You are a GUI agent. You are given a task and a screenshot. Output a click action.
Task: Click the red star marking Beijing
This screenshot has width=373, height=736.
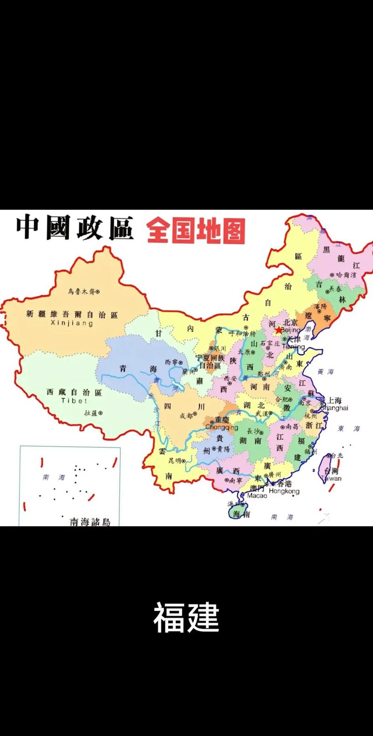pos(279,330)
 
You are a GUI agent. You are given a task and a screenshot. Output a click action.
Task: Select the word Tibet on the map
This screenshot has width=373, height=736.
pos(74,401)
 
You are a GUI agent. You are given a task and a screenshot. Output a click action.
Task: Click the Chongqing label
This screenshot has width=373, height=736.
pos(221,427)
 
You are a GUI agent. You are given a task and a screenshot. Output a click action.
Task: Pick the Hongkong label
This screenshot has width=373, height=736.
pos(284,491)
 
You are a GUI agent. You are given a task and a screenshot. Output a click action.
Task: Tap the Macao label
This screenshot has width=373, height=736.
pos(257,495)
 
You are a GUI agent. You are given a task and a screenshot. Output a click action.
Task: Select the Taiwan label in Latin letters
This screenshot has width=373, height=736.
pos(331,478)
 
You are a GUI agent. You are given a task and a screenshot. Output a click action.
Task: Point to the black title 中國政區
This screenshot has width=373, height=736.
pos(75,229)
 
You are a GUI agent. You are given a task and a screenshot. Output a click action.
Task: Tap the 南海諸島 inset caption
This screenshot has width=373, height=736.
pos(90,522)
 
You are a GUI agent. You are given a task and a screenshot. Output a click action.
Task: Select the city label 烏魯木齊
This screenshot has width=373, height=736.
pos(81,292)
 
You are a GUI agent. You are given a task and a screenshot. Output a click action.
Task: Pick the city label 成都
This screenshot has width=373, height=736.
pos(186,416)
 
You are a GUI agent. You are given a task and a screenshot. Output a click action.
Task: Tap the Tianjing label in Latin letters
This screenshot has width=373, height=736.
pos(293,347)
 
